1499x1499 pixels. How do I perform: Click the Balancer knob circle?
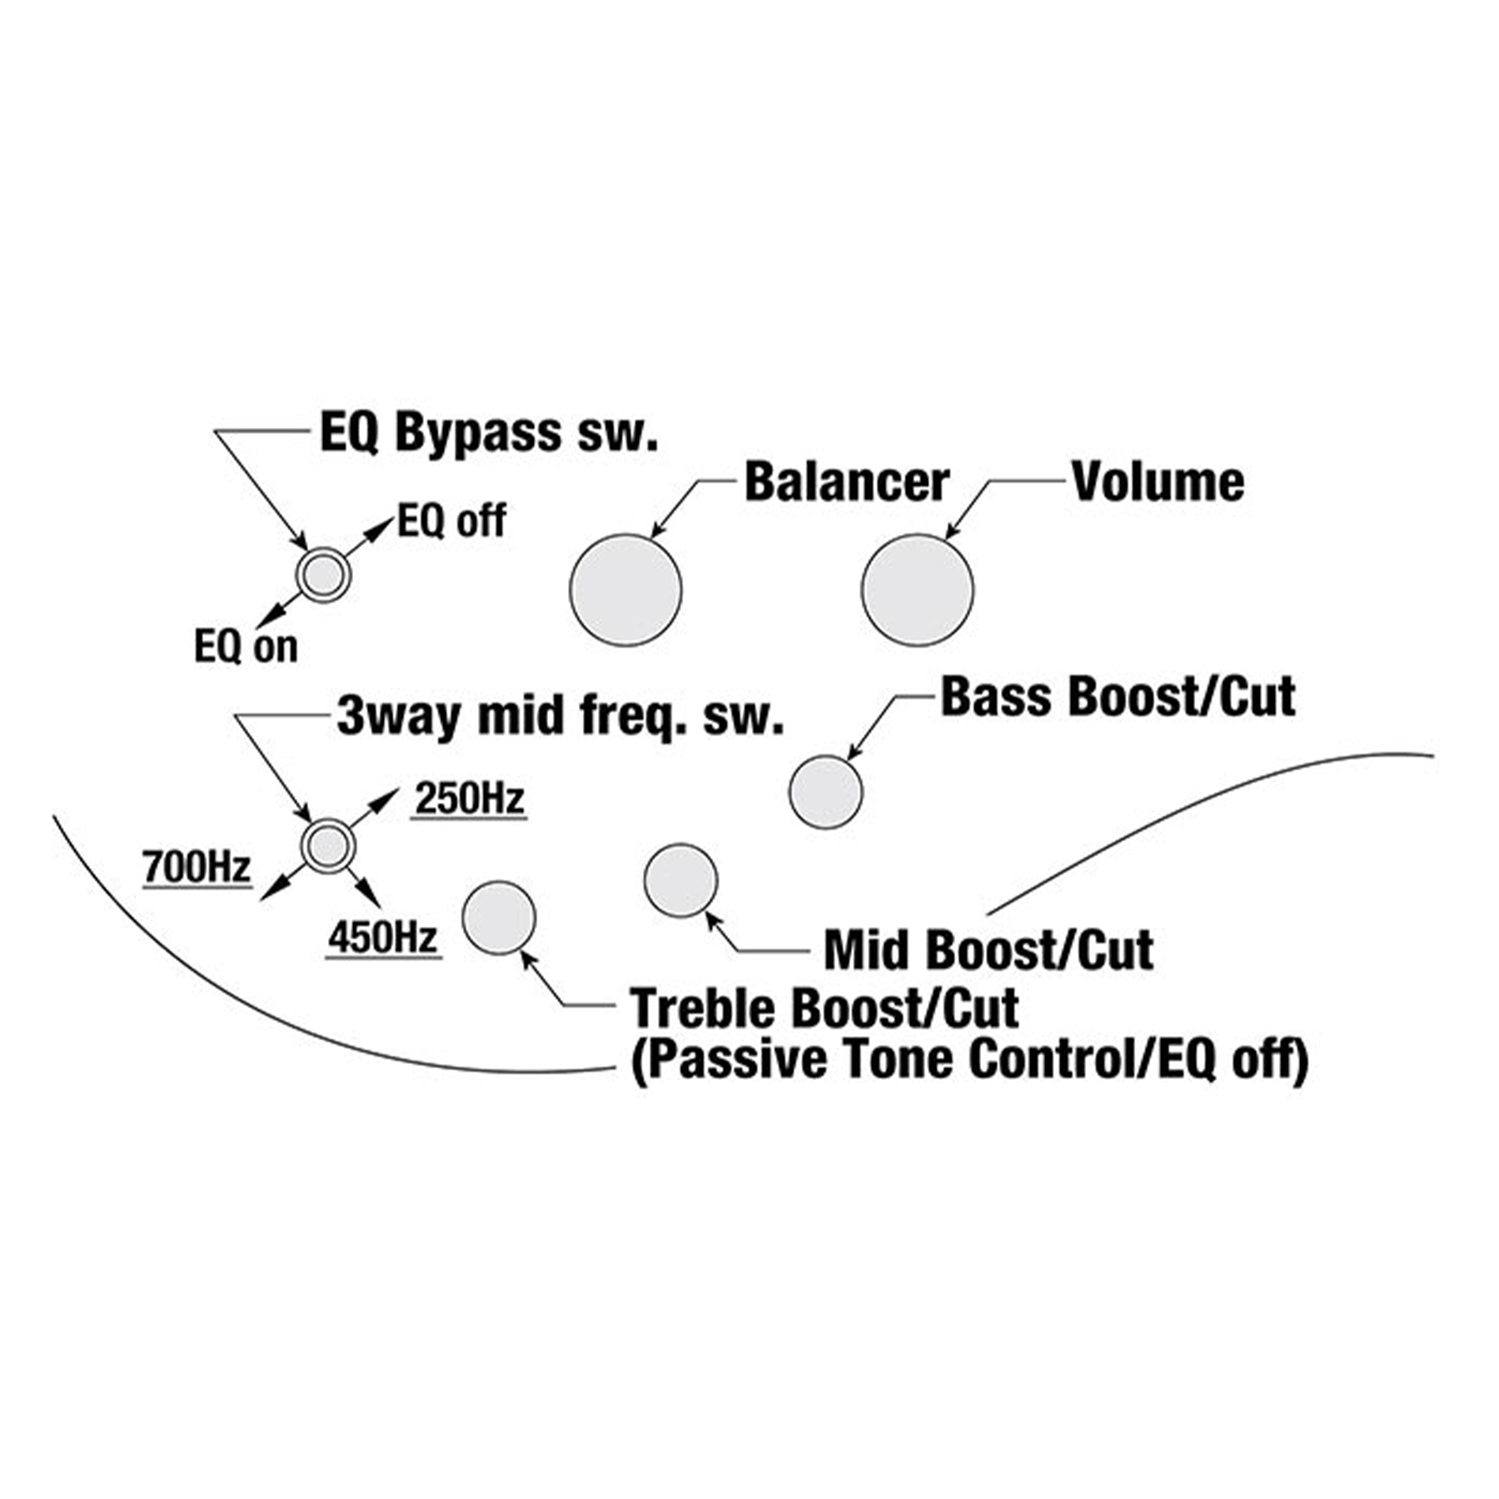[625, 590]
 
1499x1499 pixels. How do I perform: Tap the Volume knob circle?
[917, 590]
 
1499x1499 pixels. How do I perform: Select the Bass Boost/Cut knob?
[825, 792]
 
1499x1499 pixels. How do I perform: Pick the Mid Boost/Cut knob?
[680, 880]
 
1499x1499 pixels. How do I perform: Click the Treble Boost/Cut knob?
[499, 918]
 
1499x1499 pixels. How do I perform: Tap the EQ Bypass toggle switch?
[324, 575]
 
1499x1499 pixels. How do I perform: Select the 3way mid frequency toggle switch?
[328, 846]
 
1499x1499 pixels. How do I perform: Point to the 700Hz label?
[197, 867]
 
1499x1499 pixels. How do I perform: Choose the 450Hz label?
[383, 939]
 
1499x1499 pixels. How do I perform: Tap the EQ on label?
[246, 647]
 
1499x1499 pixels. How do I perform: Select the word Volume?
[1158, 482]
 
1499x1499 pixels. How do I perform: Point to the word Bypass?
[478, 434]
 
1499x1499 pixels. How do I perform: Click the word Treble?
[703, 1008]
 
